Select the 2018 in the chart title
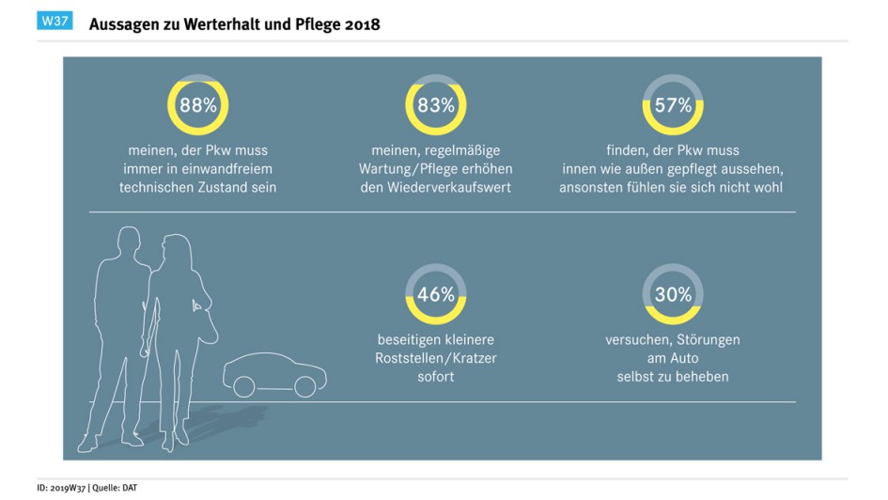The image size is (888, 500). click(x=361, y=25)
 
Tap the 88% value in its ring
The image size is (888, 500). click(x=198, y=105)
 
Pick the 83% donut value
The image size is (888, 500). click(x=436, y=105)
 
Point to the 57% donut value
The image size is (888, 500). click(x=673, y=105)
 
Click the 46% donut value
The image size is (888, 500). click(x=436, y=294)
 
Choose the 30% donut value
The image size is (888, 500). click(x=673, y=294)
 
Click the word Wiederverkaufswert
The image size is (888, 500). click(x=436, y=187)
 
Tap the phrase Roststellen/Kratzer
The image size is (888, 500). click(x=436, y=358)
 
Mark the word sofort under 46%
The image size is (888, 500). click(x=436, y=376)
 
